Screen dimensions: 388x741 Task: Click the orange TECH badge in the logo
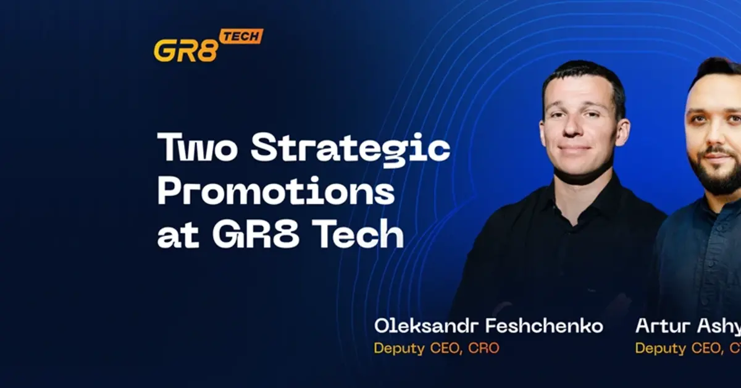pyautogui.click(x=241, y=36)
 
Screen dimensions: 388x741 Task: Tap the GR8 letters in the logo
pyautogui.click(x=185, y=51)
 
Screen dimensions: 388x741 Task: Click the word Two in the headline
pyautogui.click(x=197, y=148)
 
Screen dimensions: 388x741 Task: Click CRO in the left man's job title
pyautogui.click(x=484, y=348)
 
